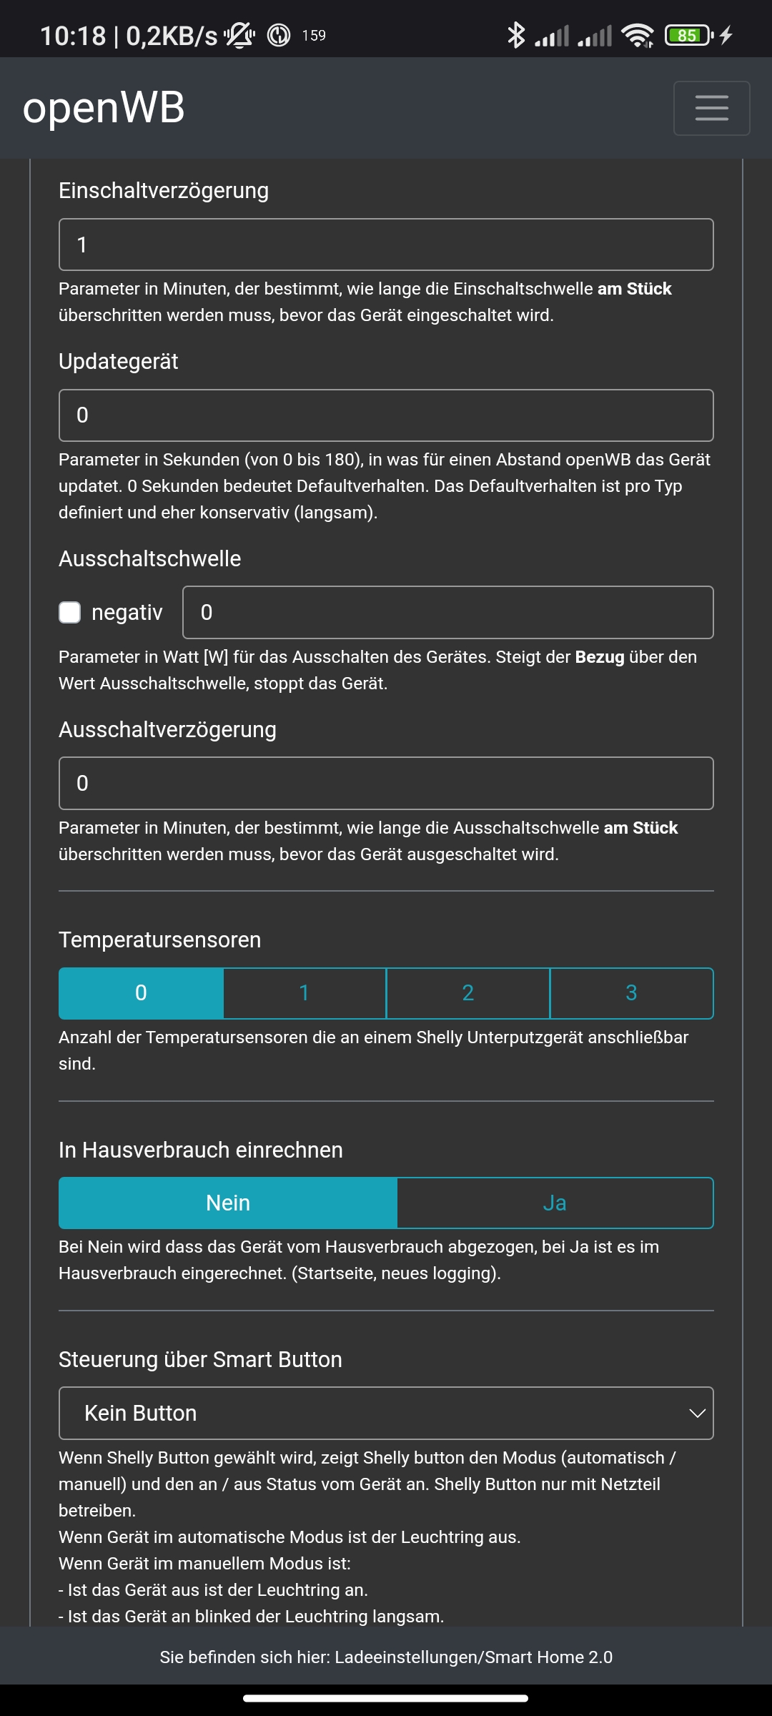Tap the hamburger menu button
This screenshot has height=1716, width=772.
(x=711, y=108)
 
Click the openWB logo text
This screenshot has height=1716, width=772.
(x=104, y=108)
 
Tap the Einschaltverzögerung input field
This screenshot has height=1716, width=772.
(x=386, y=245)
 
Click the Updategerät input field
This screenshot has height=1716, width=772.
(x=386, y=415)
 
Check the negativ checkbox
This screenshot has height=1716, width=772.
(x=69, y=613)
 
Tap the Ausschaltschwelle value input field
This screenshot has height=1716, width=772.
(x=447, y=613)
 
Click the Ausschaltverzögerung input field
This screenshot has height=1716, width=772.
(x=386, y=784)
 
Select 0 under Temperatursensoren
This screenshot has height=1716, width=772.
(x=141, y=993)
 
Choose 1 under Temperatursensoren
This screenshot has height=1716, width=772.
(x=305, y=993)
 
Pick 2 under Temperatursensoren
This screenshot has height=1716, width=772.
(x=468, y=993)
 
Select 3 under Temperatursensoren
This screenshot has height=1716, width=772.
(x=631, y=993)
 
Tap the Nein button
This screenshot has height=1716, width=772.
(x=228, y=1203)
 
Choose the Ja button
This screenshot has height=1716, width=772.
(x=555, y=1203)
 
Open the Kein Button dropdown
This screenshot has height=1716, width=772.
(x=386, y=1414)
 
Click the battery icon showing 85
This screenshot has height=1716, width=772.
(x=688, y=35)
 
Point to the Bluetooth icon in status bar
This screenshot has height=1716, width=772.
(x=515, y=35)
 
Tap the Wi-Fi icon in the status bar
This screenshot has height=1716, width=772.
(x=637, y=35)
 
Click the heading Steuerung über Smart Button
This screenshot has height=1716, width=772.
(x=200, y=1359)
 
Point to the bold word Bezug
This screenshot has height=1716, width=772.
(x=600, y=657)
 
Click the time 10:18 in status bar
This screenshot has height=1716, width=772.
(x=73, y=36)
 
